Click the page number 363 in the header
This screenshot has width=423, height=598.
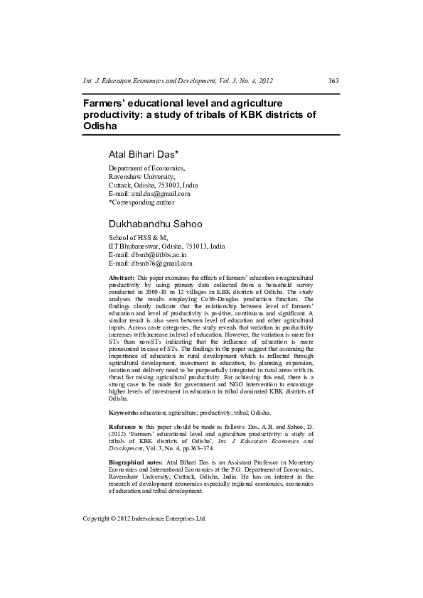[x=333, y=81]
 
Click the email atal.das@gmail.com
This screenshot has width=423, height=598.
[x=159, y=193]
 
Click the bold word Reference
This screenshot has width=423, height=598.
[x=124, y=426]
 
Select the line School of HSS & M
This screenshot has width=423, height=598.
[x=136, y=237]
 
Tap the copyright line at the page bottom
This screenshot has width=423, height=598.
[x=144, y=519]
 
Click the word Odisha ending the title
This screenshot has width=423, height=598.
[x=100, y=125]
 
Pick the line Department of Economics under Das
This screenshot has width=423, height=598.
[x=146, y=168]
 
